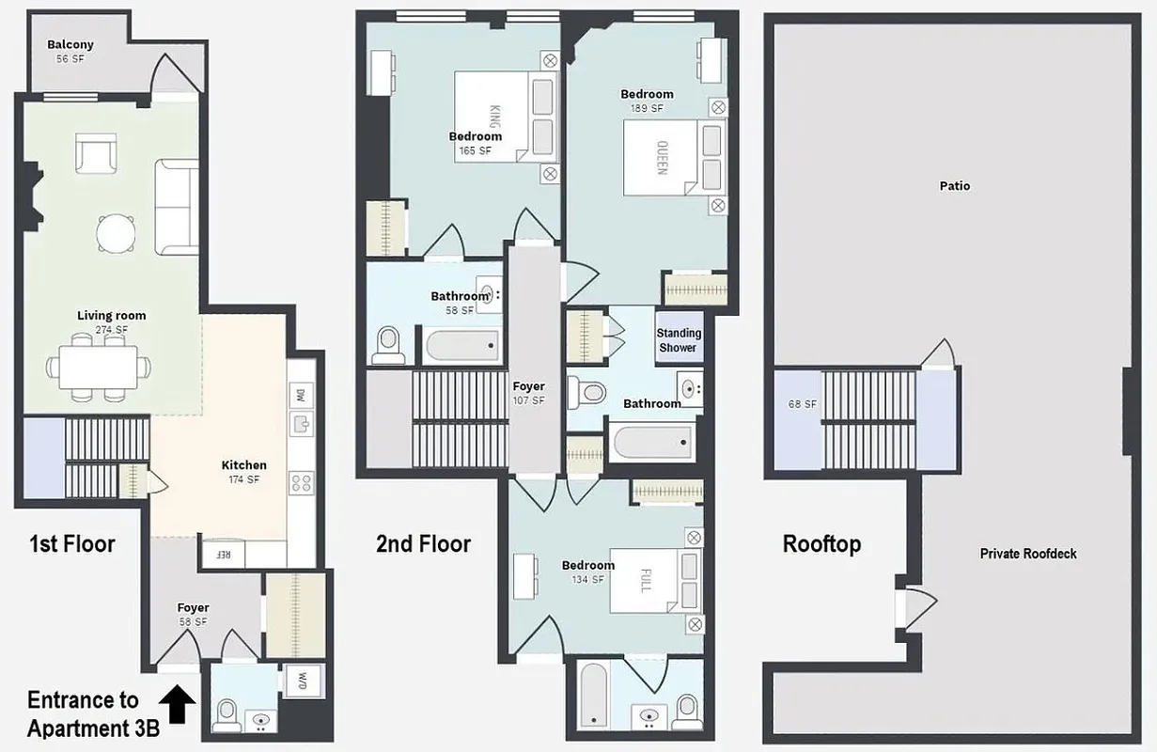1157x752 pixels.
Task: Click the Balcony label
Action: click(70, 45)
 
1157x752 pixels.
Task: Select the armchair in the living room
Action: click(96, 153)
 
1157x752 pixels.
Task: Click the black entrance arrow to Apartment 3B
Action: click(179, 704)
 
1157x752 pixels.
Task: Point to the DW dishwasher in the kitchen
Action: click(301, 394)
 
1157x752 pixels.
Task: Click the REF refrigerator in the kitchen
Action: click(224, 555)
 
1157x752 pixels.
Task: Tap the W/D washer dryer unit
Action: click(303, 679)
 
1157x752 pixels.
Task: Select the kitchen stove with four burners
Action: click(302, 483)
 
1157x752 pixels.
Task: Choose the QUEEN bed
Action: click(662, 158)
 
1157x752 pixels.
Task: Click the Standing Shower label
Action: click(679, 339)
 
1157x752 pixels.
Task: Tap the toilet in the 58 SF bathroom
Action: click(388, 344)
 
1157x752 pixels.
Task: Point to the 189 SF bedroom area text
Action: click(647, 108)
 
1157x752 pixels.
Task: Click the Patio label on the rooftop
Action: click(954, 186)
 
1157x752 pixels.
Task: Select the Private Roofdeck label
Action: click(1028, 554)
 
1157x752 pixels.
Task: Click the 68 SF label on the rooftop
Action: click(803, 405)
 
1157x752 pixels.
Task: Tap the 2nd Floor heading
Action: click(423, 543)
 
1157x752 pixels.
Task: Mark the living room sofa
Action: click(177, 207)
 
